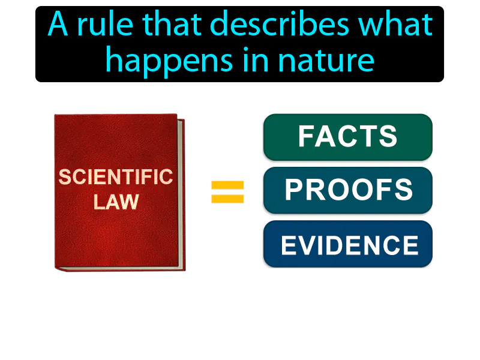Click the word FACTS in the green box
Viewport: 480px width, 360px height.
point(348,137)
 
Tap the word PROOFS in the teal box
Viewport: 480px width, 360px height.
point(349,190)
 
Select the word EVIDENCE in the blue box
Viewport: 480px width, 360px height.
point(350,245)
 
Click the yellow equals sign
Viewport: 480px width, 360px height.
point(227,192)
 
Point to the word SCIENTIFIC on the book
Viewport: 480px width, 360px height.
point(116,177)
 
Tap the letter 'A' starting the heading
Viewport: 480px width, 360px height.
point(58,25)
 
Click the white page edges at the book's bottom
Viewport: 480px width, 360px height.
point(120,267)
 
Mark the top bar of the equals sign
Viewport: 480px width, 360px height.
point(227,185)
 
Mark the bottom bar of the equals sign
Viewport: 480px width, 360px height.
point(227,199)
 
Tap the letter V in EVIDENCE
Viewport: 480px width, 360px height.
point(310,245)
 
